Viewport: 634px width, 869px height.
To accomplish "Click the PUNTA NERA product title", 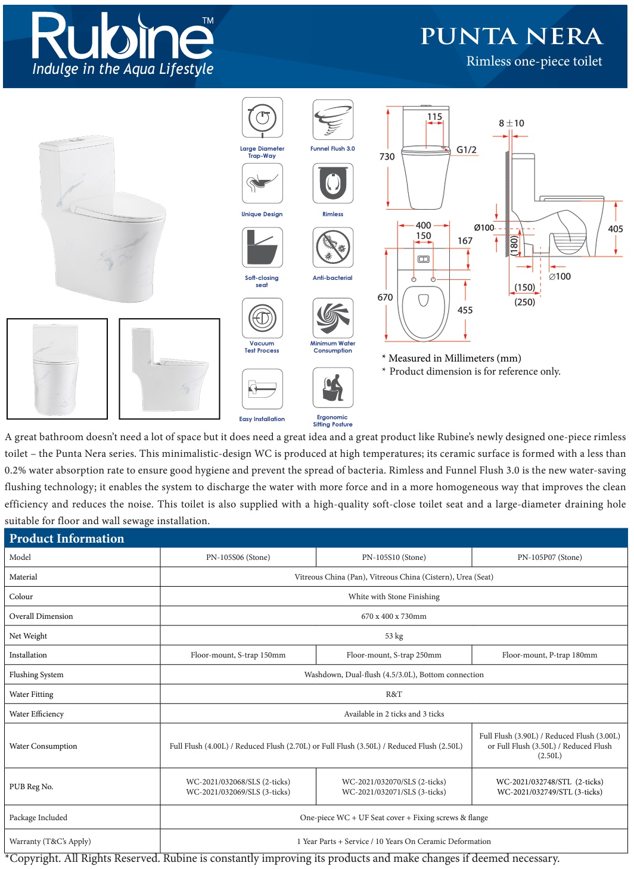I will pyautogui.click(x=511, y=36).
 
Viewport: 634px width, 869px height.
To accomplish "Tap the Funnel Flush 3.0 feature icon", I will pyautogui.click(x=332, y=120).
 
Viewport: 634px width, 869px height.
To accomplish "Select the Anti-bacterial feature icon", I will pyautogui.click(x=332, y=248).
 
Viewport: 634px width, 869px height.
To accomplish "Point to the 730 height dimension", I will pyautogui.click(x=387, y=157).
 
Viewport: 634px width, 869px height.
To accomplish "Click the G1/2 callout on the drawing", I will pyautogui.click(x=467, y=150).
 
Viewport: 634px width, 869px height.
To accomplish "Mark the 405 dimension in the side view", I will pyautogui.click(x=615, y=229).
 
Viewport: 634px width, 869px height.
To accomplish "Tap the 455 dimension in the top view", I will pyautogui.click(x=465, y=310).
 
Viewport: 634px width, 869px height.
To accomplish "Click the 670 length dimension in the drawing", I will pyautogui.click(x=385, y=297).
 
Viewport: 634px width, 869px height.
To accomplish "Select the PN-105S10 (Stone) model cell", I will pyautogui.click(x=394, y=557).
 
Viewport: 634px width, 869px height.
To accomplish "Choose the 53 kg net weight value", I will pyautogui.click(x=394, y=636).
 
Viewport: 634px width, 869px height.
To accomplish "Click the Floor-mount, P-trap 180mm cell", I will pyautogui.click(x=549, y=655).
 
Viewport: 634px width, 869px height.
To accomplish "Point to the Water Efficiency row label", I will pyautogui.click(x=36, y=714).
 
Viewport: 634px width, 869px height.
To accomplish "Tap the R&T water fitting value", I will pyautogui.click(x=394, y=694).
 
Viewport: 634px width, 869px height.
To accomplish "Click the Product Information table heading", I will pyautogui.click(x=67, y=538).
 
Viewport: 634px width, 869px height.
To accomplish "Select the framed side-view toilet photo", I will pyautogui.click(x=169, y=369).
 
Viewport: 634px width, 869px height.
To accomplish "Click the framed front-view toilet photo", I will pyautogui.click(x=57, y=369).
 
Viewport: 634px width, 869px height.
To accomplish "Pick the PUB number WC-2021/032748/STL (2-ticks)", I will pyautogui.click(x=549, y=782).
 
